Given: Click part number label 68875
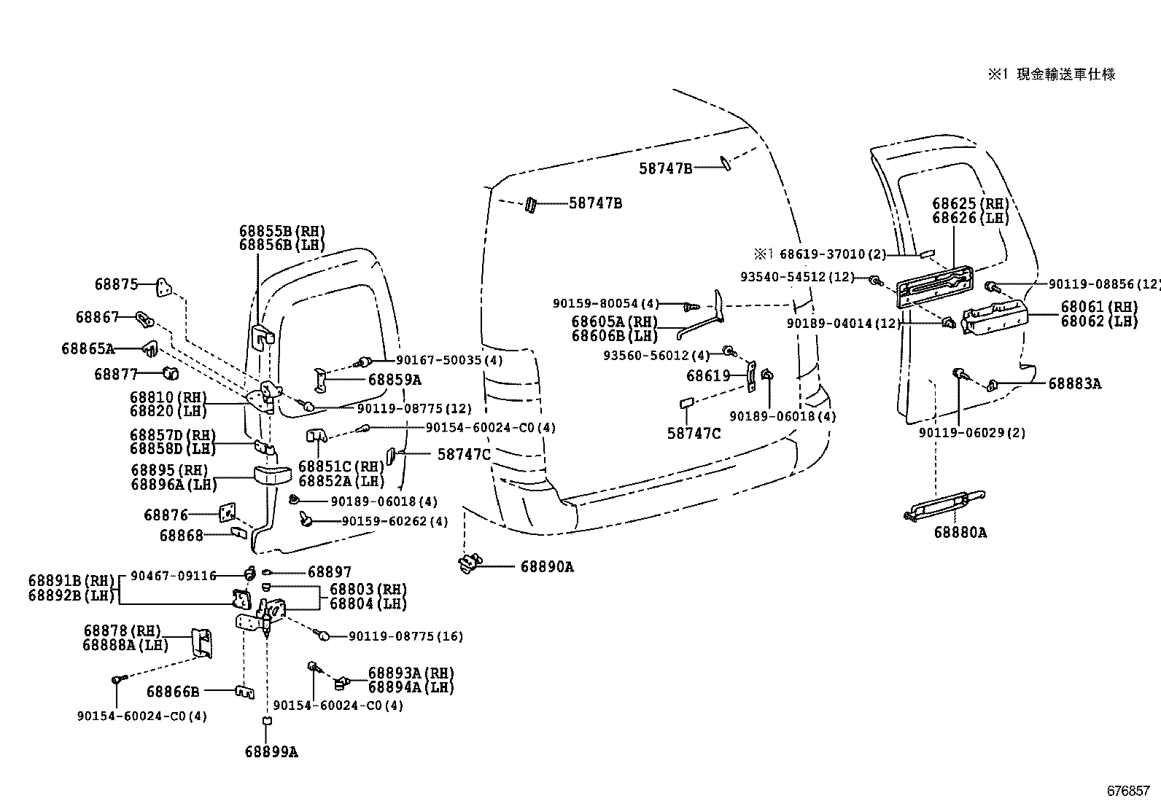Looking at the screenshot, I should (116, 284).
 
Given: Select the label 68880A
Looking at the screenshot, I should (960, 533).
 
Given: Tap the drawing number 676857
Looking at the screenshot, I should (1127, 791).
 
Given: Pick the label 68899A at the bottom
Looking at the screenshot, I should (271, 752).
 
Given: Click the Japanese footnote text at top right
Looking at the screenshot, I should (1052, 74).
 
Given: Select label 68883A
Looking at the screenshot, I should (1075, 383).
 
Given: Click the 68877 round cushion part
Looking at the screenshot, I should (170, 374).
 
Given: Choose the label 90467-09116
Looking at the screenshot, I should (174, 576).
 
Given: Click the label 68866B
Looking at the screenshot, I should (173, 691).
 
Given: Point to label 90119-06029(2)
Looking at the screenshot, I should (972, 433).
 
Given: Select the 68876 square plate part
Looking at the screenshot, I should (227, 514).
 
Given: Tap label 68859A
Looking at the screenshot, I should (395, 380).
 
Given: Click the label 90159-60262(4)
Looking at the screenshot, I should (395, 522).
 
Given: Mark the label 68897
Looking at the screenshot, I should (329, 573).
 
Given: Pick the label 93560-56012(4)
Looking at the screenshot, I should (656, 356).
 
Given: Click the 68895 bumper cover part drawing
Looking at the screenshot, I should (272, 475).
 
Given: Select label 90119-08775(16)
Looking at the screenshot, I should (405, 636).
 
